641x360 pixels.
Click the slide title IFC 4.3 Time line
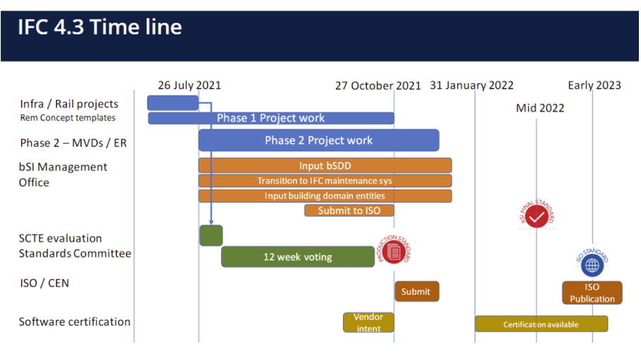point(100,27)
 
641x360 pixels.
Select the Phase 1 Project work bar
point(271,118)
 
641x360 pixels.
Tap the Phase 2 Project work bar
point(319,140)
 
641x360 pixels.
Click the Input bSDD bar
point(325,166)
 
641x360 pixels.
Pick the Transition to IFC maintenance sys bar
point(325,181)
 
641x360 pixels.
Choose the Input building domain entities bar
point(325,196)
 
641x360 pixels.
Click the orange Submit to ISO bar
point(349,211)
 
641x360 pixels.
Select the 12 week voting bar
point(297,257)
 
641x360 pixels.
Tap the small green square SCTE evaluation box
point(211,235)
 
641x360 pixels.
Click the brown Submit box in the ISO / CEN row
point(417,291)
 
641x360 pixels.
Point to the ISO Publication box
point(592,293)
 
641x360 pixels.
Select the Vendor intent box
point(368,323)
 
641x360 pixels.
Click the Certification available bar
point(541,324)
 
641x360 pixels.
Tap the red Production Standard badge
point(394,250)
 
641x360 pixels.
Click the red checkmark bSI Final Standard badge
point(537,214)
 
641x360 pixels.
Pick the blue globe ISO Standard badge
point(592,263)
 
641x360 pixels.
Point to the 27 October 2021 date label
point(378,86)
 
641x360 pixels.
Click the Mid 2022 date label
point(540,108)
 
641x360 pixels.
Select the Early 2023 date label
point(595,85)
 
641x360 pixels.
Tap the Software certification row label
point(75,322)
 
